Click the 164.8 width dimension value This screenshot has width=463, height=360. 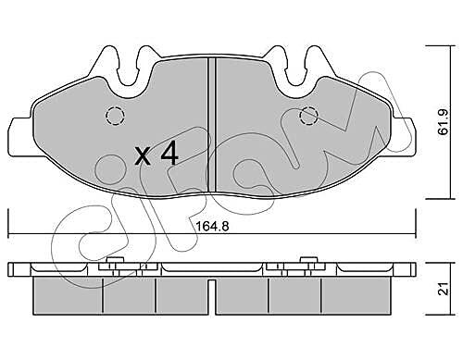coord(212,227)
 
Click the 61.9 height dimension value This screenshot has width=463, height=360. coord(444,122)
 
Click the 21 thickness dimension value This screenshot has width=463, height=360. coord(444,289)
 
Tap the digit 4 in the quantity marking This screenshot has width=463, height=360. coord(169,153)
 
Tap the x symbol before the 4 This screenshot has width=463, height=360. coord(144,155)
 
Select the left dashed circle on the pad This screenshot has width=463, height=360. coord(115,116)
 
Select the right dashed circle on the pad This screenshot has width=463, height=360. coord(309,117)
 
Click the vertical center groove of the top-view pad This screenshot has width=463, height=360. coord(211,124)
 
